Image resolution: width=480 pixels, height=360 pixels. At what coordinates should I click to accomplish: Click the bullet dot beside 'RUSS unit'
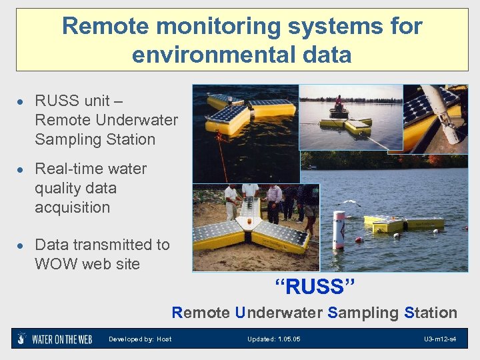[x=21, y=102]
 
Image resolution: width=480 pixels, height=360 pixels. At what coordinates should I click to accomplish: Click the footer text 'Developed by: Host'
[x=140, y=339]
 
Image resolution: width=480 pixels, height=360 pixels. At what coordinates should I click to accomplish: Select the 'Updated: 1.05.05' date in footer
[x=273, y=339]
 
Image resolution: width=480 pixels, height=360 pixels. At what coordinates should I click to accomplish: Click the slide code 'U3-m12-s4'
[x=440, y=339]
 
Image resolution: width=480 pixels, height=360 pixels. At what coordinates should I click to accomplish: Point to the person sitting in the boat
[x=339, y=104]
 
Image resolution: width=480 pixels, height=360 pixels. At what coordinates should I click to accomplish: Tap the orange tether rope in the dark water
[x=221, y=160]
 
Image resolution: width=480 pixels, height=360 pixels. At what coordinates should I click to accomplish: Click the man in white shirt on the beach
[x=231, y=200]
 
